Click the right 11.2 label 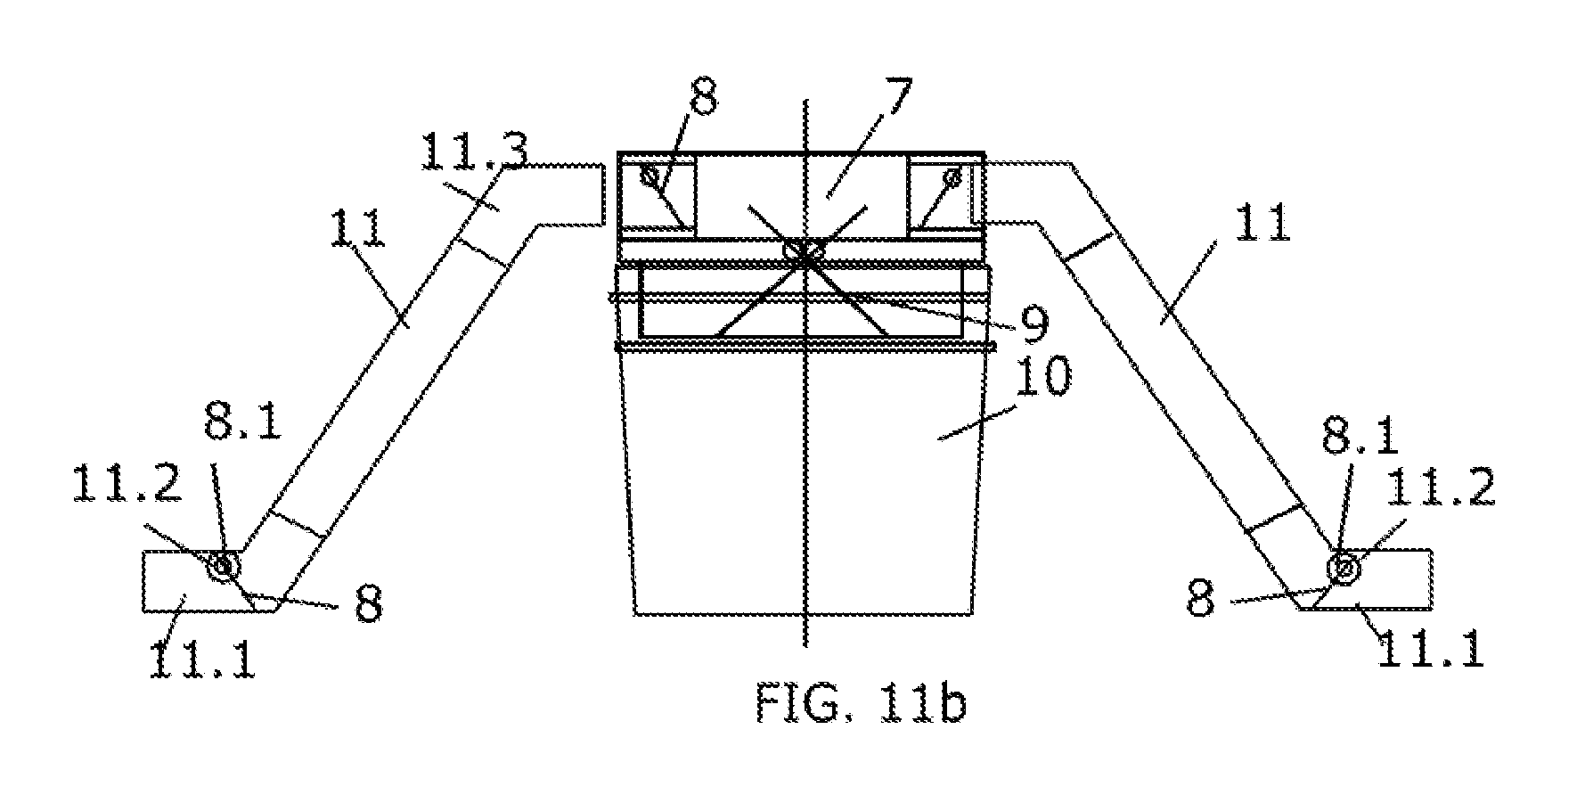(x=1441, y=489)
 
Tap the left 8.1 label (x=242, y=421)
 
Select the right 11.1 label (x=1431, y=651)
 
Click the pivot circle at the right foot (x=1343, y=566)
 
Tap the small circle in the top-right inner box (x=953, y=176)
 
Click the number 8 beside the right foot (x=1200, y=600)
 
